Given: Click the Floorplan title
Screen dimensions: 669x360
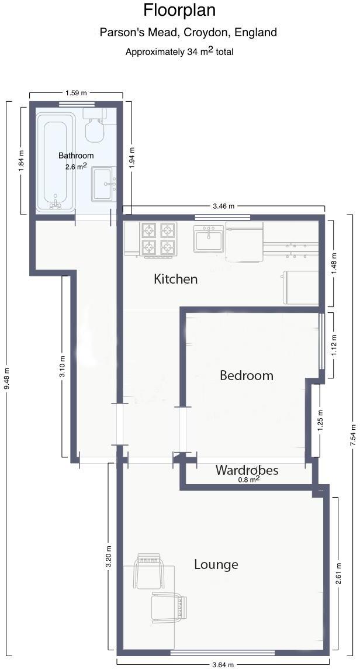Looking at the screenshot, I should coord(179,10).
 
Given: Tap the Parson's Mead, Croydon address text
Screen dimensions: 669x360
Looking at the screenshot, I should coord(188,32).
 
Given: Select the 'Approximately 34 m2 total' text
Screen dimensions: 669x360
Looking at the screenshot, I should coord(179,51).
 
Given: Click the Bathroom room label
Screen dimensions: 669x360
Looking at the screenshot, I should coord(76,156).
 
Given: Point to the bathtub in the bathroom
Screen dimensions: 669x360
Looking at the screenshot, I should coord(56,163).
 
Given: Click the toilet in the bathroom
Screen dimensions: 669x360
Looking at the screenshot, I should coord(94,125).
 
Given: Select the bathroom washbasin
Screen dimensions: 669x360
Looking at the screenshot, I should coord(105,183).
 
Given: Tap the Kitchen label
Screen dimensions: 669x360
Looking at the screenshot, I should coord(175,279).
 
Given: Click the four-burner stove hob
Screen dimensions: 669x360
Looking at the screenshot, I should coord(158,239).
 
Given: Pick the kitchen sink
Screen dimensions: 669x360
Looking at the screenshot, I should coord(209,239).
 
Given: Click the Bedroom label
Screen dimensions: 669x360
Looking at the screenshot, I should coord(246,375).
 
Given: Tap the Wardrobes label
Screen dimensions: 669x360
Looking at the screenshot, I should coord(247,470).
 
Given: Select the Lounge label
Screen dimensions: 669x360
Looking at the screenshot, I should coord(216,564).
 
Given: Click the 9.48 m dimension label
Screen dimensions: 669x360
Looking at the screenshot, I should coord(7,379).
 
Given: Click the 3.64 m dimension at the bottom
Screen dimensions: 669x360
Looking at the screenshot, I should coord(223,664).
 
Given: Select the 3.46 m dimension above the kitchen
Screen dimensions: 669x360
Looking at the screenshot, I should coord(223,206).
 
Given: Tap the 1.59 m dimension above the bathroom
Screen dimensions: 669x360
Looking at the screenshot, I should coord(76,92).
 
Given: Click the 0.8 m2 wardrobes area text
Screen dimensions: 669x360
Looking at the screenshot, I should coord(248,480).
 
